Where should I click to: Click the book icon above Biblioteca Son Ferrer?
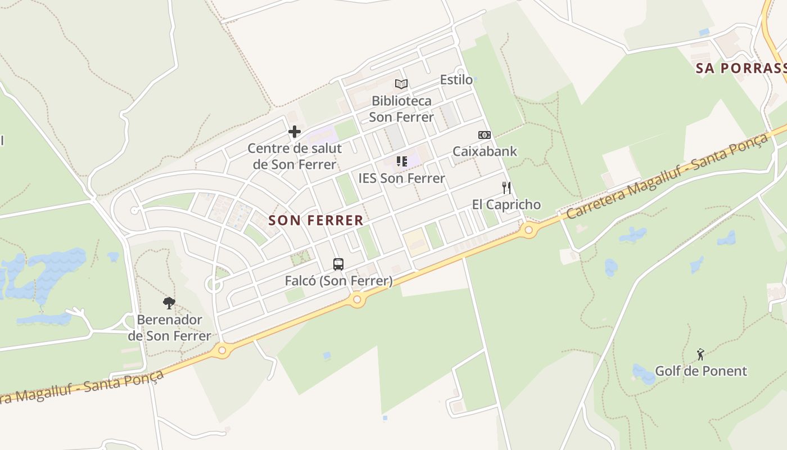point(401,84)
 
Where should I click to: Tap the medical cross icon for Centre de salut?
point(294,132)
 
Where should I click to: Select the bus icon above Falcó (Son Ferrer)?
point(338,264)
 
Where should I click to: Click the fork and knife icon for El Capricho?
point(506,188)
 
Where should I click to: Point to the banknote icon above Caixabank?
point(484,135)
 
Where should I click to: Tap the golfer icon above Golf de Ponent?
point(700,354)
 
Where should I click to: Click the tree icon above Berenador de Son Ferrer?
point(169,304)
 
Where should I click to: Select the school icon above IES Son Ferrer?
point(401,161)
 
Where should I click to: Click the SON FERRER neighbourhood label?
point(316,220)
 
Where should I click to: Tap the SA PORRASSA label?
point(741,69)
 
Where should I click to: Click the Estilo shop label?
point(456,80)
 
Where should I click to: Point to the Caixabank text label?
point(485,151)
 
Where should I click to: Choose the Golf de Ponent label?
point(700,371)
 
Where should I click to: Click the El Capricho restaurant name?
point(506,205)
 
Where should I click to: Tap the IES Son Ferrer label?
point(401,178)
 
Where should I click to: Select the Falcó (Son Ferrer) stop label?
point(338,281)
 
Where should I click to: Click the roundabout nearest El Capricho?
point(528,229)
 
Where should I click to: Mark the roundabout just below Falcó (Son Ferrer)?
point(357,300)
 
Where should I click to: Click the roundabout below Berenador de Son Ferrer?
point(222,351)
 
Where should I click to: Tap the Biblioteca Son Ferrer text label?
point(401,109)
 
